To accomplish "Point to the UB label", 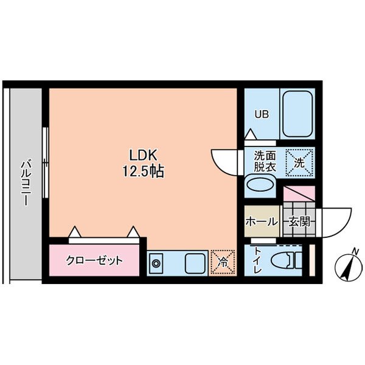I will coord(261,114).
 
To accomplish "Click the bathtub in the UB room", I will coord(297,114).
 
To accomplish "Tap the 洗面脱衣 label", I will coord(265,160).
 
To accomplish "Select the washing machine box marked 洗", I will coord(299,161).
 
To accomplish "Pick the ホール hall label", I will coord(261,222).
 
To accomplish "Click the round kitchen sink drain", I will coord(156,264).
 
